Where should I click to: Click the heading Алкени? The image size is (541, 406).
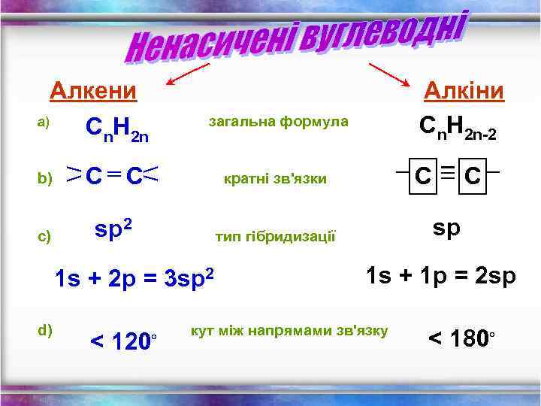(93, 91)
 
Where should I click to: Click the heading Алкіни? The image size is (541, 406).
(464, 91)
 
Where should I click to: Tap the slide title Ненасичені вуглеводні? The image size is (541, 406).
(298, 38)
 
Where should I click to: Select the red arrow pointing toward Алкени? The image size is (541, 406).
(188, 74)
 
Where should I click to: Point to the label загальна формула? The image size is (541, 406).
(278, 121)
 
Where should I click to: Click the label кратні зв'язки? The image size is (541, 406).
(275, 179)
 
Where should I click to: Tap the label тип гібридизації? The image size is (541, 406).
(276, 237)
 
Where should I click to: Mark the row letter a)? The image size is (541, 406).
(43, 122)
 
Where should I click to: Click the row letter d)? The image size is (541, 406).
(44, 328)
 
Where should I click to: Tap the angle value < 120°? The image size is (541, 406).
(123, 342)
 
